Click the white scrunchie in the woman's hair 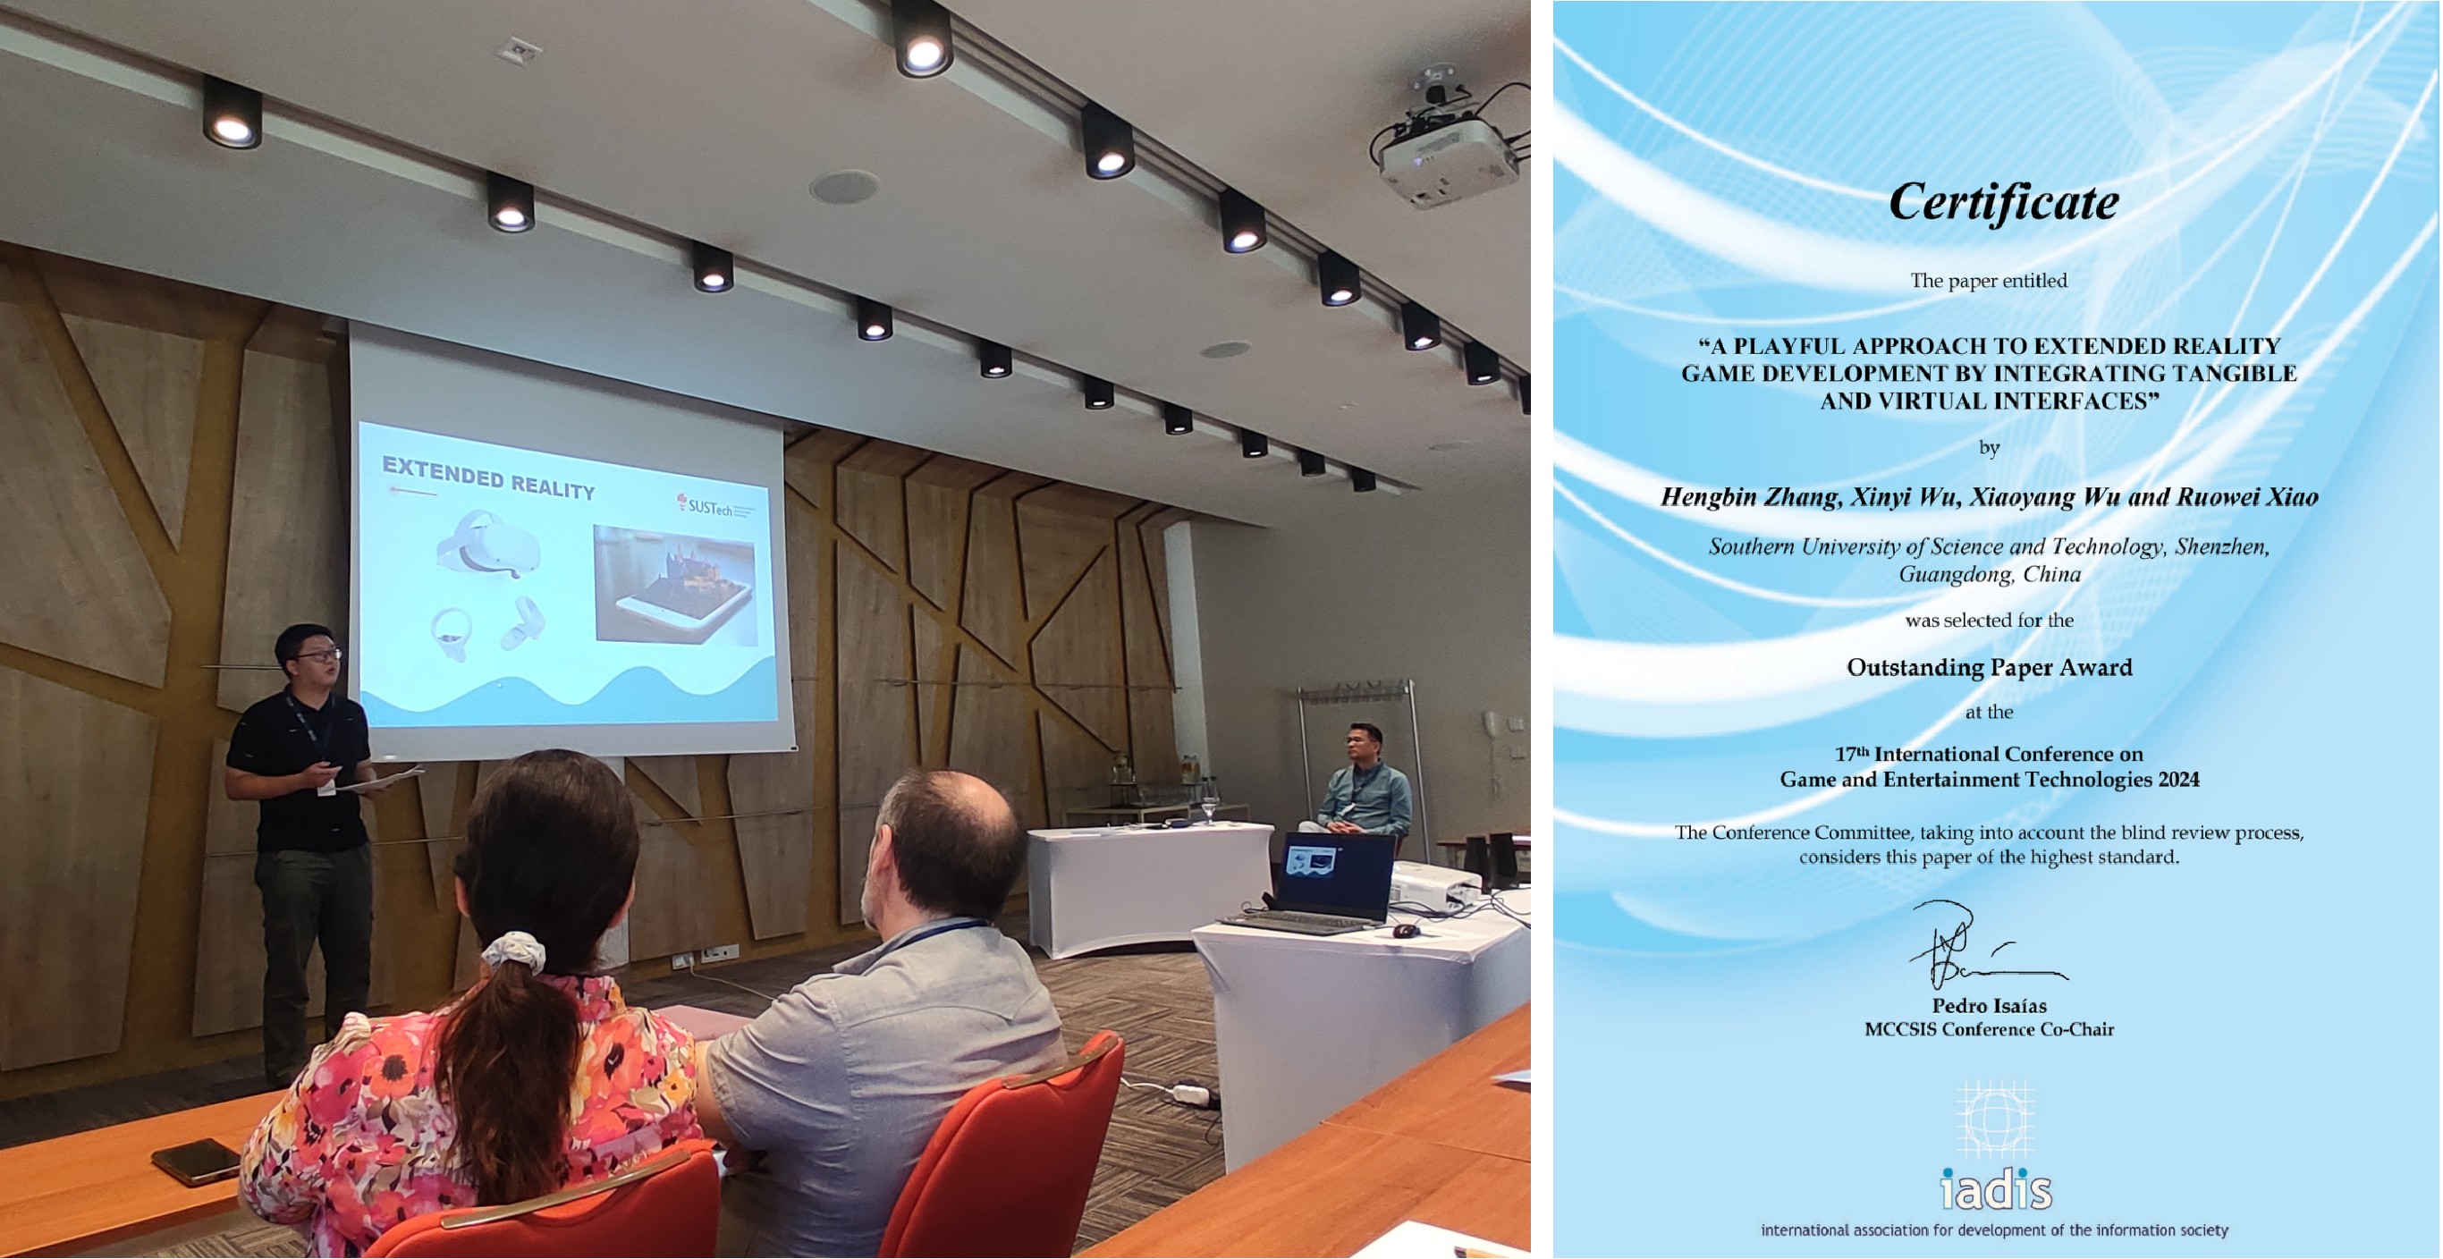pos(513,951)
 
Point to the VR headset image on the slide pos(487,542)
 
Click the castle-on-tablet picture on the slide pos(674,585)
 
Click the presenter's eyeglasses pos(317,655)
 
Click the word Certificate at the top pos(2003,202)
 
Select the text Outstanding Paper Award pos(1989,667)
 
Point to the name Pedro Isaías pos(1989,1006)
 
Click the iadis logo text pos(1996,1189)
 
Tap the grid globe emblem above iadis pos(1995,1119)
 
